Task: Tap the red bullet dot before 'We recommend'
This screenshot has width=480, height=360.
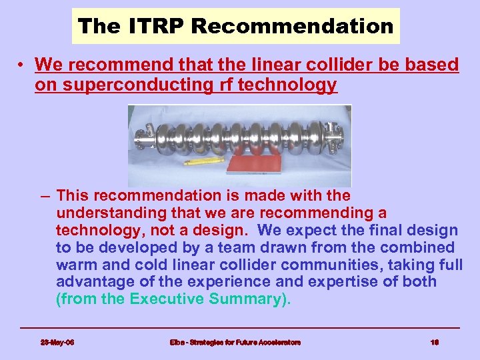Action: pyautogui.click(x=23, y=65)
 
